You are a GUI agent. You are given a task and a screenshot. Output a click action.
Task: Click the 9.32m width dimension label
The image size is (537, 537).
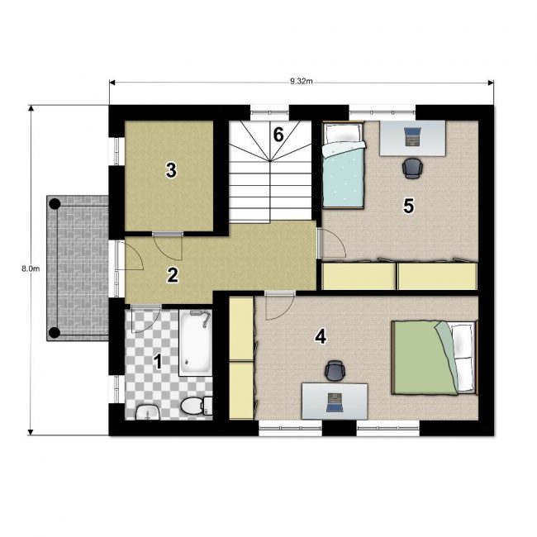[x=302, y=81]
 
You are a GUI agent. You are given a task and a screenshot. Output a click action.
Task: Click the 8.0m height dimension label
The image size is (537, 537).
[x=31, y=268]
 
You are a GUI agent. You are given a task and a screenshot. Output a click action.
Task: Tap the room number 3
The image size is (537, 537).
[x=171, y=170]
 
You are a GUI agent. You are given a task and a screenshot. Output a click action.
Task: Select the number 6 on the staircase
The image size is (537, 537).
[x=278, y=134]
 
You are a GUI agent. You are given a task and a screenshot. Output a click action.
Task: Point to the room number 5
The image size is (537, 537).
[x=409, y=207]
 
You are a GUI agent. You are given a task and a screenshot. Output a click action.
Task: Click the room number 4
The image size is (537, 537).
[x=321, y=337]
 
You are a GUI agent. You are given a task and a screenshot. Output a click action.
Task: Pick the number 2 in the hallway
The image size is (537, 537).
[x=173, y=275]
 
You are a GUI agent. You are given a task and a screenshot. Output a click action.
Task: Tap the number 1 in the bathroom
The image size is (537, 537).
[x=158, y=362]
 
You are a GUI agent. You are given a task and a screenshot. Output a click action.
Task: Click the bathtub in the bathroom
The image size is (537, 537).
[x=195, y=343]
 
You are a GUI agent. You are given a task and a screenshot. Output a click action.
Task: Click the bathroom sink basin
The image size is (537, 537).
[x=148, y=412]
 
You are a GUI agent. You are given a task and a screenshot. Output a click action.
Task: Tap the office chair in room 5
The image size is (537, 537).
[x=412, y=169]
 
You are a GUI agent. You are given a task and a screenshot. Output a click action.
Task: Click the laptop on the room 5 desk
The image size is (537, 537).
[x=413, y=136]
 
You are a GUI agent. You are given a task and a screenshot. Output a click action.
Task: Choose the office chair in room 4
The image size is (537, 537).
[x=335, y=371]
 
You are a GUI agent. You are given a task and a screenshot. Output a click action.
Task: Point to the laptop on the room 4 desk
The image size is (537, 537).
[x=335, y=402]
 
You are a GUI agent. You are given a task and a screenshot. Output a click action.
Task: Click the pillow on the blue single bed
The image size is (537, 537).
[x=343, y=134]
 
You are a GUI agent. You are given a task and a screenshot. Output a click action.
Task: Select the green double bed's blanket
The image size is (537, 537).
[x=425, y=358]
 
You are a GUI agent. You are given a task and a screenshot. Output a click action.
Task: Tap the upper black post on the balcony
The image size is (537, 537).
[x=55, y=204]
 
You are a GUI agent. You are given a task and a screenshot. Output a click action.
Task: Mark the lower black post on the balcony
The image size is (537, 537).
[x=54, y=332]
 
